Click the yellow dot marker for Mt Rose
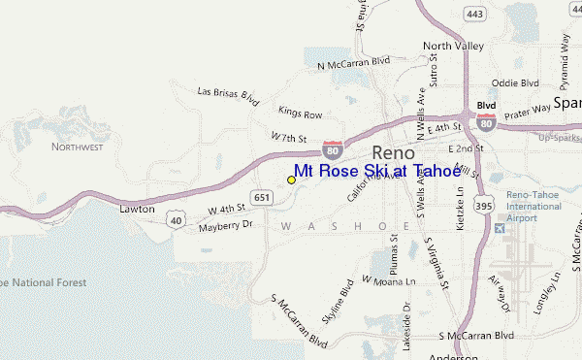(291, 180)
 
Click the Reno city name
(393, 152)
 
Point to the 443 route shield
(474, 15)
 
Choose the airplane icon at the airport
(500, 229)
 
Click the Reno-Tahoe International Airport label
(533, 207)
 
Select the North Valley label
(452, 45)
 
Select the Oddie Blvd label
(515, 83)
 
